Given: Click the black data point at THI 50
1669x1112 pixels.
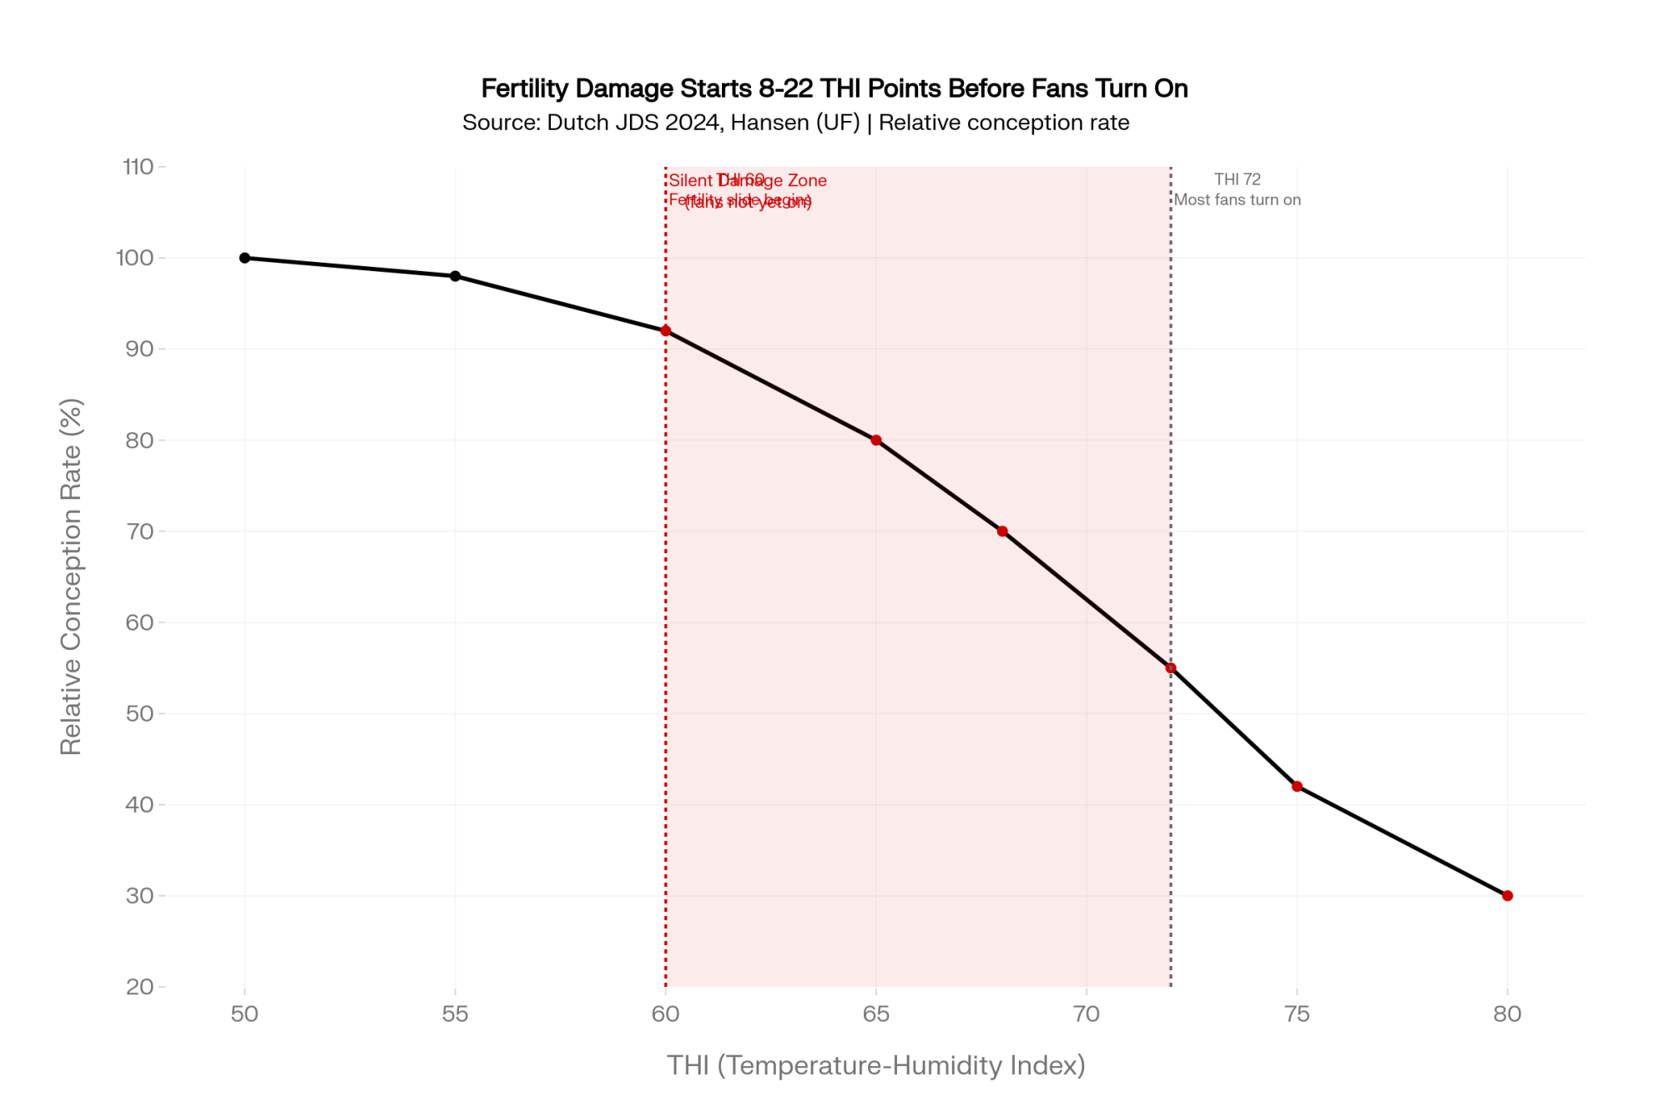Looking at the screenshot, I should point(245,258).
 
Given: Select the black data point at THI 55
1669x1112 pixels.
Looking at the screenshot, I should point(455,276).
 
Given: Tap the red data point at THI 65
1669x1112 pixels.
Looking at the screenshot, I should point(876,440).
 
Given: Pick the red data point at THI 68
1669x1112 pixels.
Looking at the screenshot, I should point(1002,531).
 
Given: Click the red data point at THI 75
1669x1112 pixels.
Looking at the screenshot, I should point(1297,787).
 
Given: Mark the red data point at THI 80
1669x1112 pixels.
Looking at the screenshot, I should point(1507,896).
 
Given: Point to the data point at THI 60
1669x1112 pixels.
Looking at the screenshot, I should point(666,331).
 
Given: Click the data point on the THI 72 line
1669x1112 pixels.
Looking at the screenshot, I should point(1171,668).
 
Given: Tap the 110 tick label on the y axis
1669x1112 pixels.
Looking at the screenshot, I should point(138,167).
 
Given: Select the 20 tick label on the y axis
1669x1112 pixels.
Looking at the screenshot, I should point(139,987).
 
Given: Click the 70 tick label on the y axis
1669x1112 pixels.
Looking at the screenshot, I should point(139,531).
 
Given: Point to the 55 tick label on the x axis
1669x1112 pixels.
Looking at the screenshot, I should point(455,1014).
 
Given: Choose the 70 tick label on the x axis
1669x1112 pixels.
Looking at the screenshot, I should point(1087,1014).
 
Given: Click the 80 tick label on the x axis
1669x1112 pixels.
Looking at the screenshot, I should point(1507,1014).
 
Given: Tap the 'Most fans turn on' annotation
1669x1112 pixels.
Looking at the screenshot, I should point(1238,200).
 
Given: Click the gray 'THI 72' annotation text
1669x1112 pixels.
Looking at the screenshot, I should point(1238,179).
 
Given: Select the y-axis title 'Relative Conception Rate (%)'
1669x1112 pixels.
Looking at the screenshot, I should point(71,576).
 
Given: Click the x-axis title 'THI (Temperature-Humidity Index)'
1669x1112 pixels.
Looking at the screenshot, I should point(875,1065).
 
